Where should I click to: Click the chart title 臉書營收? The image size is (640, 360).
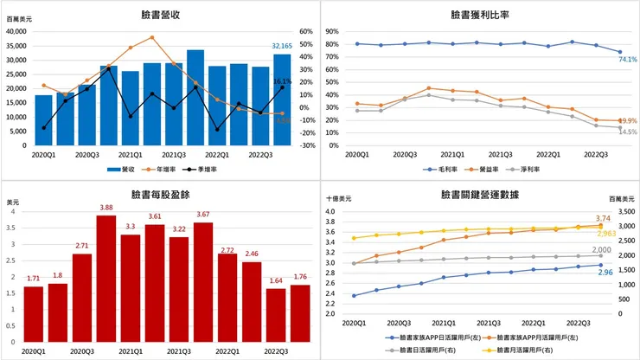(160, 15)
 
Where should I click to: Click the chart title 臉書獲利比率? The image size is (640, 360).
(480, 15)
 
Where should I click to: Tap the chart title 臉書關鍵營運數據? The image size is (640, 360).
(480, 196)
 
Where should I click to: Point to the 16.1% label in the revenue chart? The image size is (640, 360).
(282, 81)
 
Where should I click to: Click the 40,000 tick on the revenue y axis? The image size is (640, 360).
(17, 31)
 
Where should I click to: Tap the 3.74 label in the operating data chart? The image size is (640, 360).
(604, 219)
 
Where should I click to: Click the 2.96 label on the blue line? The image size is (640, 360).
(604, 273)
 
